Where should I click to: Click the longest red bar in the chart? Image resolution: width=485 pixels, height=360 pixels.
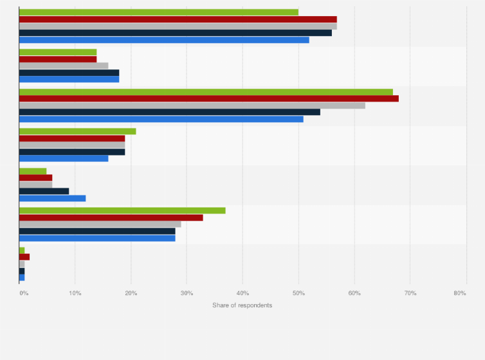[x=209, y=98]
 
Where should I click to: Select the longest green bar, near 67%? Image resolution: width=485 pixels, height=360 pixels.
[x=206, y=92]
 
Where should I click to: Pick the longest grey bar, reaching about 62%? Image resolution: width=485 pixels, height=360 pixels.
[x=192, y=105]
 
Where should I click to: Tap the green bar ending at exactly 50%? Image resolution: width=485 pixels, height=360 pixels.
[x=159, y=12]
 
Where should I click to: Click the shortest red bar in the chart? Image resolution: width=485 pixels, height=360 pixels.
[x=24, y=257]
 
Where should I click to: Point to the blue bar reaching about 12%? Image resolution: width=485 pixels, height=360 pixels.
[x=52, y=198]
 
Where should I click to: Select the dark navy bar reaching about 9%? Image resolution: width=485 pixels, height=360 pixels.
[x=44, y=191]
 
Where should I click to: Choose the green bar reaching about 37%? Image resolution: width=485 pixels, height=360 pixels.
[x=122, y=210]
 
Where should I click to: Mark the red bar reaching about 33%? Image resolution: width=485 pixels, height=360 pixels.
[x=111, y=217]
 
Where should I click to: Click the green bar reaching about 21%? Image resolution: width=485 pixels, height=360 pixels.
[x=77, y=131]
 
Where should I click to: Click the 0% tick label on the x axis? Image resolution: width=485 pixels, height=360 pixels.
[x=24, y=293]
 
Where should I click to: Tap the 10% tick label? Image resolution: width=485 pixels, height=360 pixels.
[x=75, y=293]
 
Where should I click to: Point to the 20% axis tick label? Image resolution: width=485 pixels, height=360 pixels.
[x=131, y=293]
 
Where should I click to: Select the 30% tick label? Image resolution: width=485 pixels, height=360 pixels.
[x=187, y=293]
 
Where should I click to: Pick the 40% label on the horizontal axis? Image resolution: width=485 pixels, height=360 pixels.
[x=243, y=293]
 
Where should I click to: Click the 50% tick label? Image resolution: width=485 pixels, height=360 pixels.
[x=298, y=293]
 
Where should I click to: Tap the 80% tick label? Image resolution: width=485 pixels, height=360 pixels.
[x=459, y=293]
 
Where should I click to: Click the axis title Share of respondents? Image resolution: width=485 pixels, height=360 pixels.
[x=243, y=305]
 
